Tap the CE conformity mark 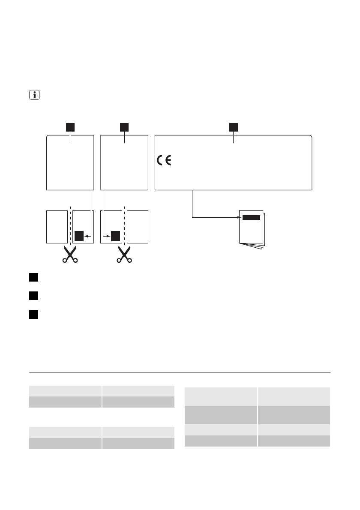[164, 161]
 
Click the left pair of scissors [69, 254]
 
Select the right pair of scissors [124, 254]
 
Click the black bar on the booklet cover [251, 217]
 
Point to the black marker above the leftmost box [70, 127]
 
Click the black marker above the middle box [124, 127]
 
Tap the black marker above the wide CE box [233, 127]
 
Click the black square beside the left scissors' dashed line [79, 236]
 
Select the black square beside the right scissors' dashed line [115, 236]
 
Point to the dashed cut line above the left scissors [69, 225]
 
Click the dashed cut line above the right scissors [124, 225]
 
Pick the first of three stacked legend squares [34, 277]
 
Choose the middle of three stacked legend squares [34, 296]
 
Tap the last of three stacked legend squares [34, 314]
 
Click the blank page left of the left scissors [56, 226]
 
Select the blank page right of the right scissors [138, 226]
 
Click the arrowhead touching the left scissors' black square [86, 236]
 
